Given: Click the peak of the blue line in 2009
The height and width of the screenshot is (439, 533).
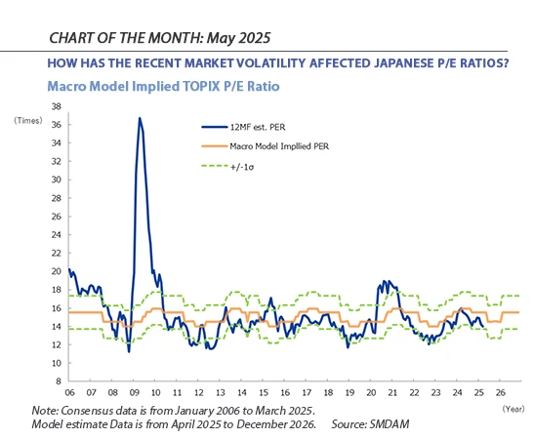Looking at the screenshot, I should click(x=140, y=118).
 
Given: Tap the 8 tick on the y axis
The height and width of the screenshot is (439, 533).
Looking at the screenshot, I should click(x=59, y=381).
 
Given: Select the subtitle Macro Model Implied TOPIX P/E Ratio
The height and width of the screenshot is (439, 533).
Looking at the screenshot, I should click(x=163, y=86).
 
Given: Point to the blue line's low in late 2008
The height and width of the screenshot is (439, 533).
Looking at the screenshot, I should click(x=129, y=350).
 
